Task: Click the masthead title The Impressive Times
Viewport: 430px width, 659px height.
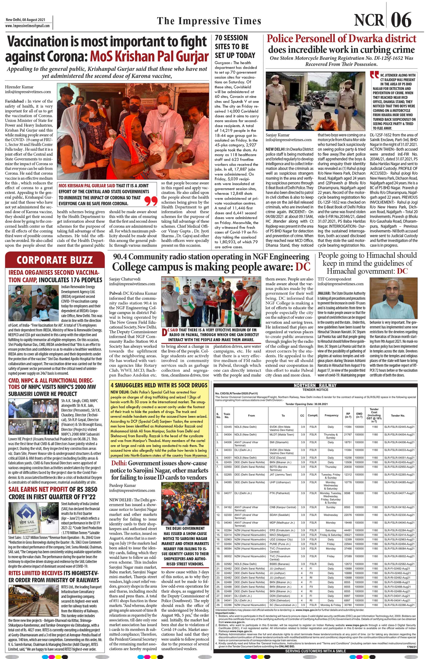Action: pyautogui.click(x=209, y=21)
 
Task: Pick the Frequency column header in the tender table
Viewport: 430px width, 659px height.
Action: pyautogui.click(x=331, y=415)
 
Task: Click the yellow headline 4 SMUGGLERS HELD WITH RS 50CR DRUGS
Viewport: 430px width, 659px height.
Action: pyautogui.click(x=159, y=385)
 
